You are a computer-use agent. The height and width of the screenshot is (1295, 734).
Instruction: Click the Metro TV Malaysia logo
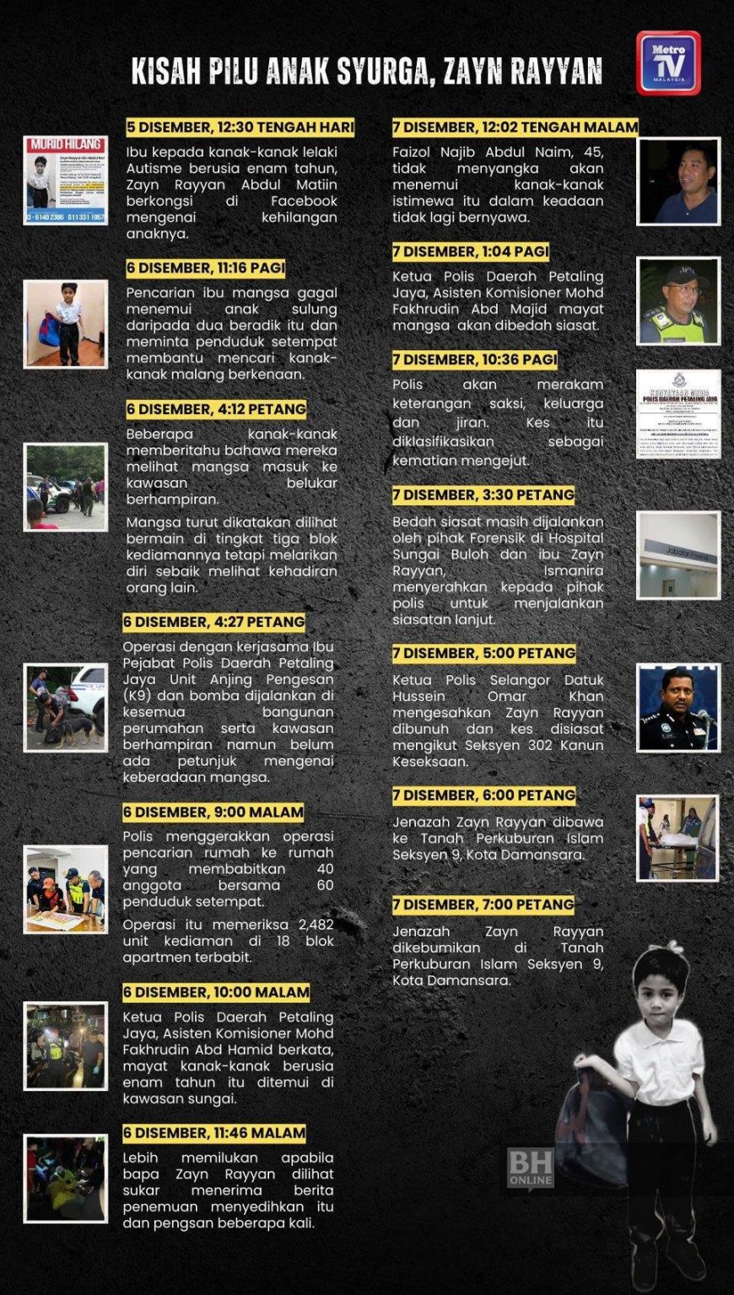[x=667, y=63]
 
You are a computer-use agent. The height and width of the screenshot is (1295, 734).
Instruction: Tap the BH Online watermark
[x=531, y=1167]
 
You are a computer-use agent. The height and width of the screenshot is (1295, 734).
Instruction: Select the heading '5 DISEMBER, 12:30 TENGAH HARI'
[x=240, y=127]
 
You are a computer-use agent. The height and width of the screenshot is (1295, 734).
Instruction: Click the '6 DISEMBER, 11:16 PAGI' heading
[x=206, y=268]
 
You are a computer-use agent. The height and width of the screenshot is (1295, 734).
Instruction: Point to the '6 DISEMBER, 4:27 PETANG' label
[x=214, y=623]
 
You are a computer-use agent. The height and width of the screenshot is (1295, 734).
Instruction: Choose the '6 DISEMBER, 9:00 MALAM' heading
[x=213, y=812]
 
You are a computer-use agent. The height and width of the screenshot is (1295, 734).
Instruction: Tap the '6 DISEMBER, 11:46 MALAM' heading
[x=214, y=1133]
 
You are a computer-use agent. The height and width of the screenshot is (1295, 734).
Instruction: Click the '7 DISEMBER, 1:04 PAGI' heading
[x=471, y=251]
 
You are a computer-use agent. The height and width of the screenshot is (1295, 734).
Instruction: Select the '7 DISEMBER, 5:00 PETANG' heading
[x=484, y=653]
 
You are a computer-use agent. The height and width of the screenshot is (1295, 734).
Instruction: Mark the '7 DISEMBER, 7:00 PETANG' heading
[x=483, y=904]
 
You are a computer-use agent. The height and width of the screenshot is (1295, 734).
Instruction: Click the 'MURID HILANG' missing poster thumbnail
[x=65, y=181]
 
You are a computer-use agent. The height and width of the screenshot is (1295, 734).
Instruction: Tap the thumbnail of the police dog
[x=65, y=708]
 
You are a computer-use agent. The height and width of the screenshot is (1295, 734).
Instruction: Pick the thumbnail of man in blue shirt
[x=678, y=181]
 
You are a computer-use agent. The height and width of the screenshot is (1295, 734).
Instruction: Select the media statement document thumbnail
[x=678, y=413]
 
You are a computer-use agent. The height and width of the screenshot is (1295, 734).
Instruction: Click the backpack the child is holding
[x=601, y=1122]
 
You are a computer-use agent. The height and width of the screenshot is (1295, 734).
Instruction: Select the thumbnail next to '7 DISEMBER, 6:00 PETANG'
[x=678, y=839]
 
